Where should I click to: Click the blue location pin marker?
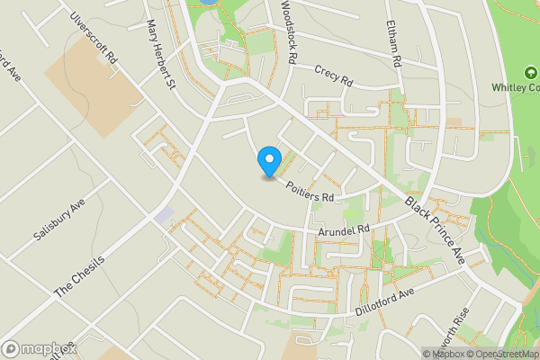coord(268,161)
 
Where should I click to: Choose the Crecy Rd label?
coord(334,75)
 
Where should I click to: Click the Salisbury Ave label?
coord(58,219)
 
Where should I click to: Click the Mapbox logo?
coord(39,348)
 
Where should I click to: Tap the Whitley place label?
coord(515,87)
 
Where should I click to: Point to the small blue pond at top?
coord(207,3)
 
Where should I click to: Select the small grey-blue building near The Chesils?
coord(164,216)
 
